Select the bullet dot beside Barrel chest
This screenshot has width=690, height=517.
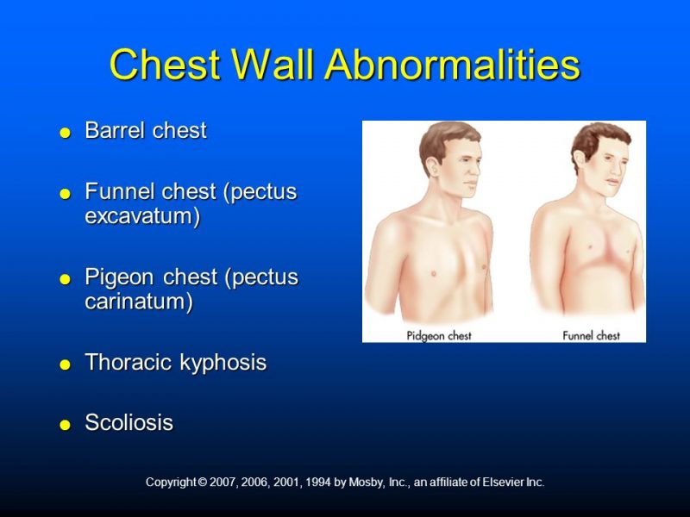click(65, 133)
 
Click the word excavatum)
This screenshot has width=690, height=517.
click(142, 215)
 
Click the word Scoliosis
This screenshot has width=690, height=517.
click(129, 423)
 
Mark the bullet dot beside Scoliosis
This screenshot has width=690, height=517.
click(65, 425)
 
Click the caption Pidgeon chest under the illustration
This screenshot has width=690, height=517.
click(439, 335)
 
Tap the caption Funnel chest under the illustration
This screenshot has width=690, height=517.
click(591, 335)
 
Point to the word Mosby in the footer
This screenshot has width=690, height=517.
click(366, 483)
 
